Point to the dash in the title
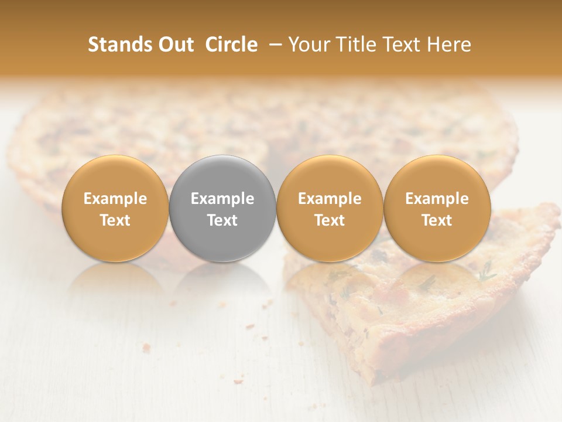273,45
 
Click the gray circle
222,176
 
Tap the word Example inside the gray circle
222,199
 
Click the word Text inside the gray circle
222,220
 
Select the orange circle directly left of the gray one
115,176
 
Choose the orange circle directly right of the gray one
330,176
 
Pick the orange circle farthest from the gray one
437,176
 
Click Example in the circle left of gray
115,199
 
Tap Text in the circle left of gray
115,220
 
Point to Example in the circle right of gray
330,199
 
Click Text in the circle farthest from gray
437,220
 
